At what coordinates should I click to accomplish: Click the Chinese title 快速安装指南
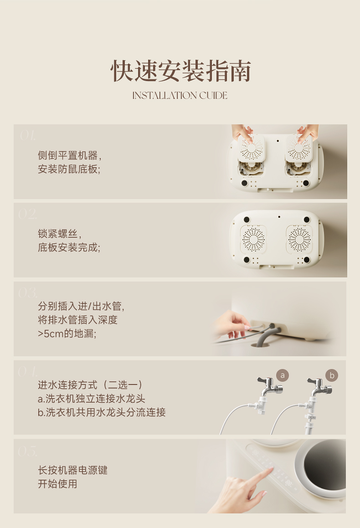tap(180, 71)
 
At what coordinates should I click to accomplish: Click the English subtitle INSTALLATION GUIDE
tap(180, 96)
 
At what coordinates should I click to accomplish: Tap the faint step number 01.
tap(27, 136)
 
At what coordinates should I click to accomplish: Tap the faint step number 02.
tap(27, 214)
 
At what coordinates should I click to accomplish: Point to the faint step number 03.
tap(28, 293)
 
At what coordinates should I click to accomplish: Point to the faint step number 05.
tap(28, 451)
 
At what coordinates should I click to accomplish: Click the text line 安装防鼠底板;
tap(69, 169)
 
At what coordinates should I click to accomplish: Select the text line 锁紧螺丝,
tap(60, 234)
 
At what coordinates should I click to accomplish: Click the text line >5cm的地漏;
tap(67, 334)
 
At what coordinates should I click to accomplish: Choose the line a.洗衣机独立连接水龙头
tap(91, 399)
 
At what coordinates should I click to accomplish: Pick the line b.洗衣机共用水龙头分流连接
tap(102, 412)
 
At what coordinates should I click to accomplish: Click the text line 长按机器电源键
tap(73, 470)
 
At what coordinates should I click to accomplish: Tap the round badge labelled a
tap(283, 375)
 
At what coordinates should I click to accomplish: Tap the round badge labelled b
tap(332, 375)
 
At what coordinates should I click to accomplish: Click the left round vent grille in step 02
tap(253, 240)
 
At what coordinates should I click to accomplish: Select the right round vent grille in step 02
tap(299, 240)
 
